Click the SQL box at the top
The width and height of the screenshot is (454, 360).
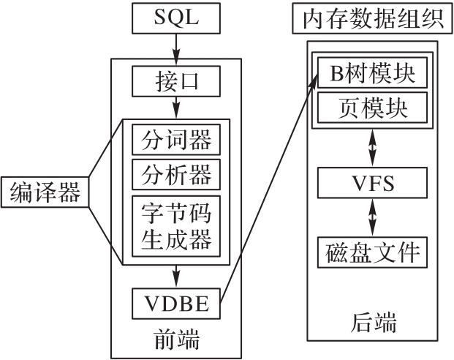[x=175, y=18]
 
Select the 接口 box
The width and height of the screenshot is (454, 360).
[x=175, y=82]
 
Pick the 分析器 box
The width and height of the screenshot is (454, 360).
[x=175, y=175]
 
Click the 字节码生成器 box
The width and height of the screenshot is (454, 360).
[x=175, y=223]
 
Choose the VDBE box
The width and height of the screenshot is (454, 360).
[x=175, y=304]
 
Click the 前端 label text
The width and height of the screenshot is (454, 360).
[x=175, y=339]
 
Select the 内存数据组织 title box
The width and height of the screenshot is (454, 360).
[x=373, y=19]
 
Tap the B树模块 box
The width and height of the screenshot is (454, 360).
[x=372, y=74]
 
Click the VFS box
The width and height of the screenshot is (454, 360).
[x=372, y=182]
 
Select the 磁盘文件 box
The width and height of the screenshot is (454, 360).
[x=372, y=252]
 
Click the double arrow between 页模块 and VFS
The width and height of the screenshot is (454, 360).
[x=373, y=147]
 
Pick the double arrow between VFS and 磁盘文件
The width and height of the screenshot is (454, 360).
[x=373, y=217]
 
